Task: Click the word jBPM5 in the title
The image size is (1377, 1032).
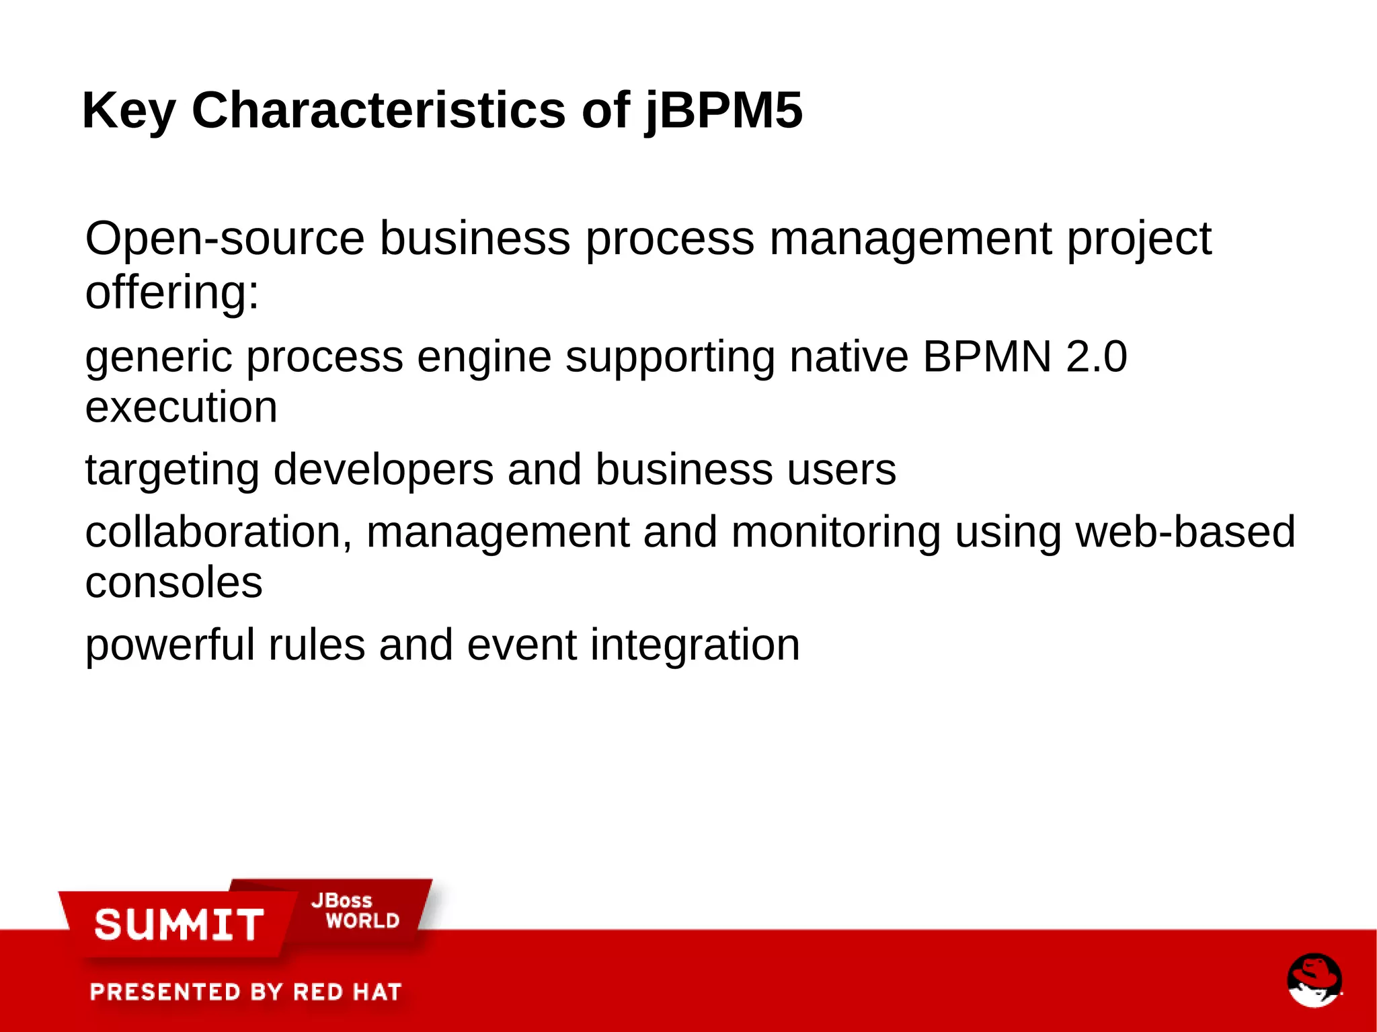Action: click(723, 111)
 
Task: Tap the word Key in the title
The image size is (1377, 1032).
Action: click(128, 111)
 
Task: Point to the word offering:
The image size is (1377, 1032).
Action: click(172, 292)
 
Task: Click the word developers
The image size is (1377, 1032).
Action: click(383, 469)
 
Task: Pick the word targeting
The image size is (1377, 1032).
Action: click(172, 469)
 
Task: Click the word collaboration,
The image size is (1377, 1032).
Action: click(218, 532)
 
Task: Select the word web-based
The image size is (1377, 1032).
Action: click(1185, 532)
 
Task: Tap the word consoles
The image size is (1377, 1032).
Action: click(173, 582)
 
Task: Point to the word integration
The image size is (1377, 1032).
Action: click(695, 645)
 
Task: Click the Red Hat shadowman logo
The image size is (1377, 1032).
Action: click(1314, 980)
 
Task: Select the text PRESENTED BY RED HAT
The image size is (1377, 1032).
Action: click(245, 992)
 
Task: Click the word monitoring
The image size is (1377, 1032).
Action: click(835, 532)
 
